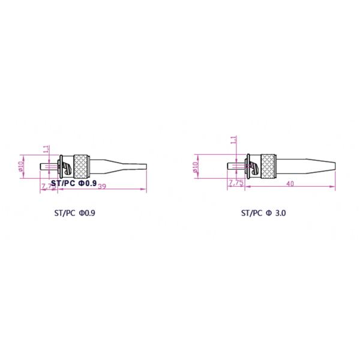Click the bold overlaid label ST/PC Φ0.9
[74, 183]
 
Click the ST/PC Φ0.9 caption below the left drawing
[75, 212]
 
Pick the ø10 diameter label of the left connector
[21, 166]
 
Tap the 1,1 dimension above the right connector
[234, 140]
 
